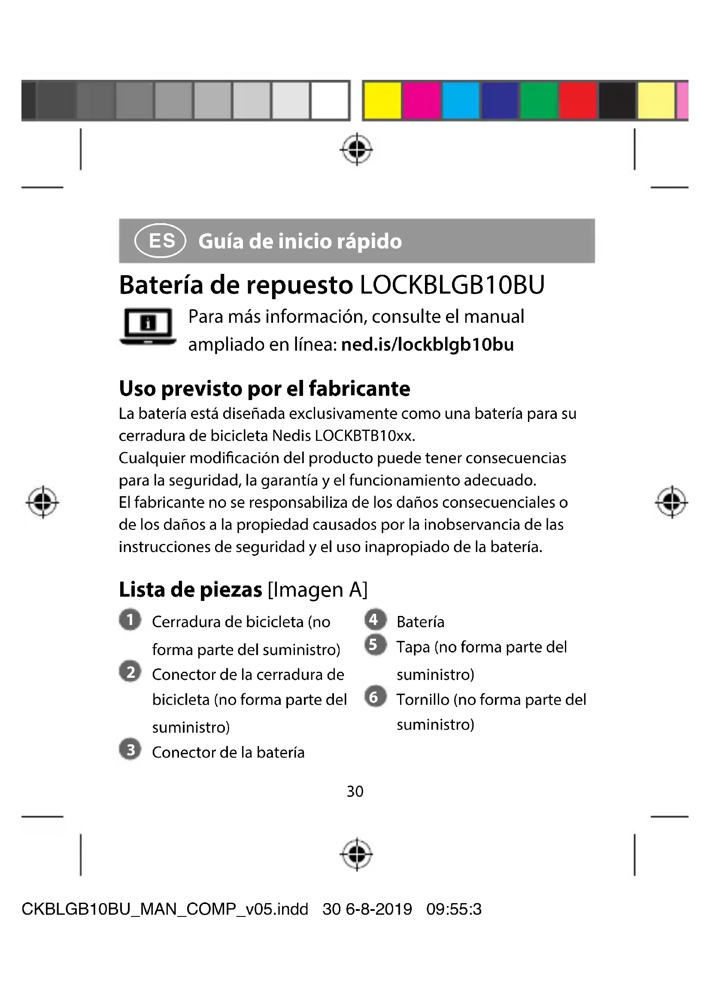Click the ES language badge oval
click(x=161, y=240)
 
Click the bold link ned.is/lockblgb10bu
click(x=427, y=345)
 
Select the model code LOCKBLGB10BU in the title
click(x=452, y=285)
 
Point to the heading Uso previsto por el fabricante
click(x=264, y=388)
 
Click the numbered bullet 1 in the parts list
click(x=130, y=620)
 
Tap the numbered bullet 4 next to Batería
click(x=375, y=620)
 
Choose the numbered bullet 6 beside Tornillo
click(x=375, y=697)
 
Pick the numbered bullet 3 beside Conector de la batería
click(x=130, y=750)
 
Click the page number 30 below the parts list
click(x=355, y=792)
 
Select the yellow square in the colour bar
click(x=382, y=100)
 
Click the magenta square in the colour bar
click(x=422, y=100)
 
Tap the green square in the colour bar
click(x=539, y=100)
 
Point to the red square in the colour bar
click(x=577, y=100)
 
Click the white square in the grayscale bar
click(x=329, y=100)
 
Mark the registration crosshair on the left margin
click(x=42, y=502)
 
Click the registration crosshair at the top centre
click(x=357, y=149)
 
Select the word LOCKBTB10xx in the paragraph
click(x=364, y=436)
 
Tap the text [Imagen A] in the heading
click(x=317, y=590)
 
